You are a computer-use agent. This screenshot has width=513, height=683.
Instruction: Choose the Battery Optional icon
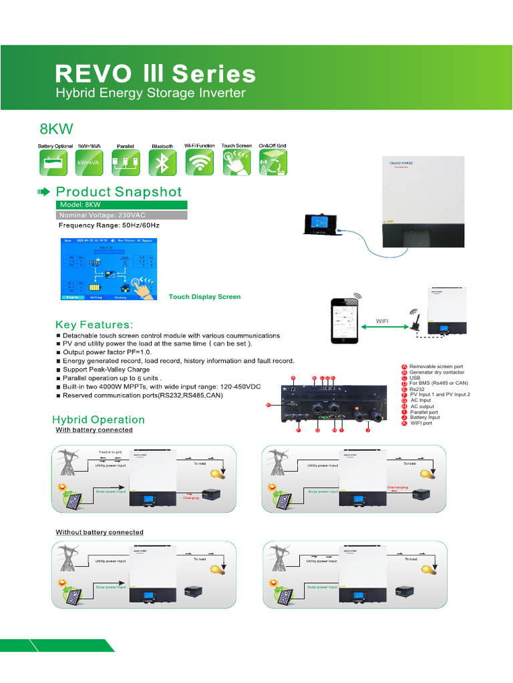coord(54,162)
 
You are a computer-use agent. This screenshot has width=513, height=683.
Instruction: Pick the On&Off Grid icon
coord(273,162)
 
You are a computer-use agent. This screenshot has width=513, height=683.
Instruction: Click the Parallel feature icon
coord(126,162)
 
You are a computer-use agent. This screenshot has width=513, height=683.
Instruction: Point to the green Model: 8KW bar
coord(121,205)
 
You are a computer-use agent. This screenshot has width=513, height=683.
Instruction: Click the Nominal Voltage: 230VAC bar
coord(121,215)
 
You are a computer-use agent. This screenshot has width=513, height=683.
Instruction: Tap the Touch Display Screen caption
coord(204,297)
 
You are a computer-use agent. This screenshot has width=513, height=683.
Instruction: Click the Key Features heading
coord(94,324)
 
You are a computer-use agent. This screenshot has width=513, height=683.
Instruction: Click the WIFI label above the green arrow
coord(382,321)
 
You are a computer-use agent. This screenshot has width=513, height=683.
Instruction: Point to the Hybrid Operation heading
coord(98,420)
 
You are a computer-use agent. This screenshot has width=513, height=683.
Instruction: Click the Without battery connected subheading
coord(99,532)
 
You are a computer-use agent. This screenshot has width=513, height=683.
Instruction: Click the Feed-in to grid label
coord(110,452)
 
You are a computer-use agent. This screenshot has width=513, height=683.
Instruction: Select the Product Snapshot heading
coord(118,192)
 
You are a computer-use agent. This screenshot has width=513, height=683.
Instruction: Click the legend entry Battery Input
coord(425,418)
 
